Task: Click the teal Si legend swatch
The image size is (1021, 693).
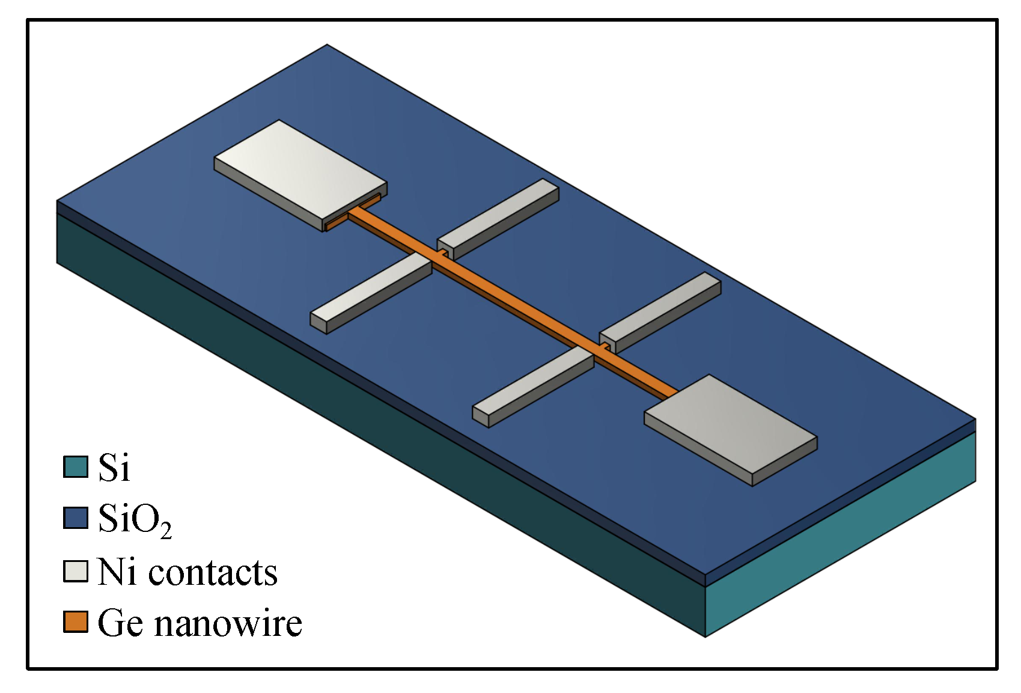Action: coord(76,467)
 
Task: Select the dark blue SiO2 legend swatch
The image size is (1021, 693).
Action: coord(76,518)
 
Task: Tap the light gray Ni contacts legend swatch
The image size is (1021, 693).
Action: coord(76,571)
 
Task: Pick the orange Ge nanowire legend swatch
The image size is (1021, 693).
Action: coord(76,622)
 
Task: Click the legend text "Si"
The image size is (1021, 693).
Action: coord(114,467)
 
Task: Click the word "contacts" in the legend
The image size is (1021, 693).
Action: coord(213,572)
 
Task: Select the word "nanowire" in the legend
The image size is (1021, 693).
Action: coord(228,623)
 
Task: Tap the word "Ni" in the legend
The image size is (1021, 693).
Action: coord(117,572)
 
